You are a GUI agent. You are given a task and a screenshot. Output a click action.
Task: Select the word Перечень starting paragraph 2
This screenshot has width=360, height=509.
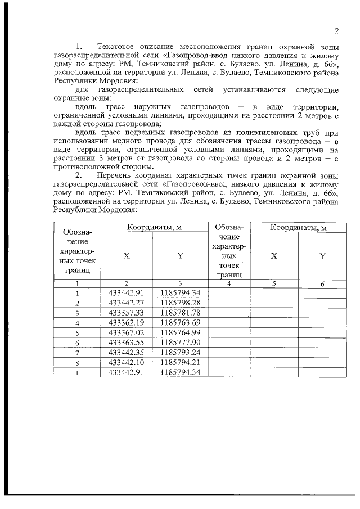click(115, 178)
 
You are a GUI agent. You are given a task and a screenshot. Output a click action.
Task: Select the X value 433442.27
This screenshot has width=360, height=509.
click(127, 303)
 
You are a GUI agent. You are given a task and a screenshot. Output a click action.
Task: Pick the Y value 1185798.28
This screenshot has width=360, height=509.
click(180, 303)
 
